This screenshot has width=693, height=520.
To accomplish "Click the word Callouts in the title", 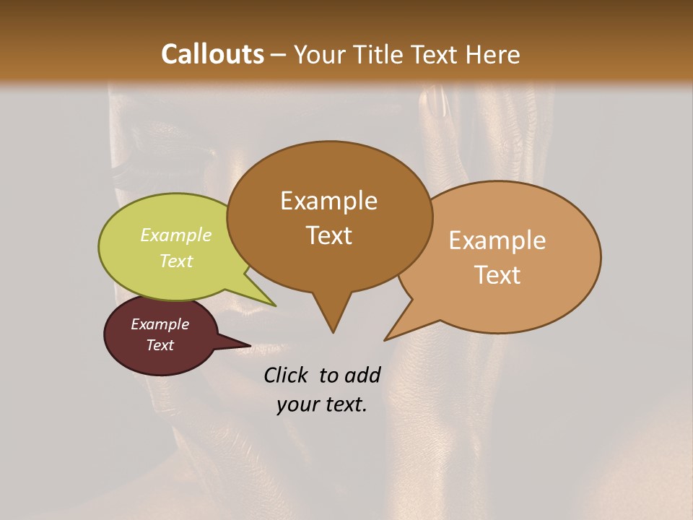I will click(212, 54).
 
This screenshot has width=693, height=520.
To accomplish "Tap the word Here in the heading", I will click(492, 54).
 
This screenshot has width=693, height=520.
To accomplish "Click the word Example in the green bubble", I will click(176, 235).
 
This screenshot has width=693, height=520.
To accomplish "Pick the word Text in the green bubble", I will click(176, 261).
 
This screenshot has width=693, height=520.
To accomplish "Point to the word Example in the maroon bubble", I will click(160, 324).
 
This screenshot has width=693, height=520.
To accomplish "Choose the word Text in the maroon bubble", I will click(160, 345).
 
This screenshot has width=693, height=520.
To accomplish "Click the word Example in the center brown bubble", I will click(328, 201).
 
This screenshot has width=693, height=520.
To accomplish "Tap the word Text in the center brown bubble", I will click(328, 235).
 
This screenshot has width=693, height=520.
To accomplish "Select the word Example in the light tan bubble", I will click(497, 240).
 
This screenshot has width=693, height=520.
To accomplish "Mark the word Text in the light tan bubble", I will click(497, 275).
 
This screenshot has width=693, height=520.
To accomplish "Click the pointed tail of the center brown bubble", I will click(333, 329).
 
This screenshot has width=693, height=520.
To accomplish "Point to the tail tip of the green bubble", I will click(274, 305).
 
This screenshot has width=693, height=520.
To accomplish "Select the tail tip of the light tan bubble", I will click(386, 339).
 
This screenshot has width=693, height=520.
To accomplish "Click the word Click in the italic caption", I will click(287, 375).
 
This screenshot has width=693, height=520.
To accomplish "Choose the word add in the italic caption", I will click(362, 375).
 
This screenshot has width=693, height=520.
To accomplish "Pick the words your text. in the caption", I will click(322, 404).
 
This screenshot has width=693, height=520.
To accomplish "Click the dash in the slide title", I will click(279, 54).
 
